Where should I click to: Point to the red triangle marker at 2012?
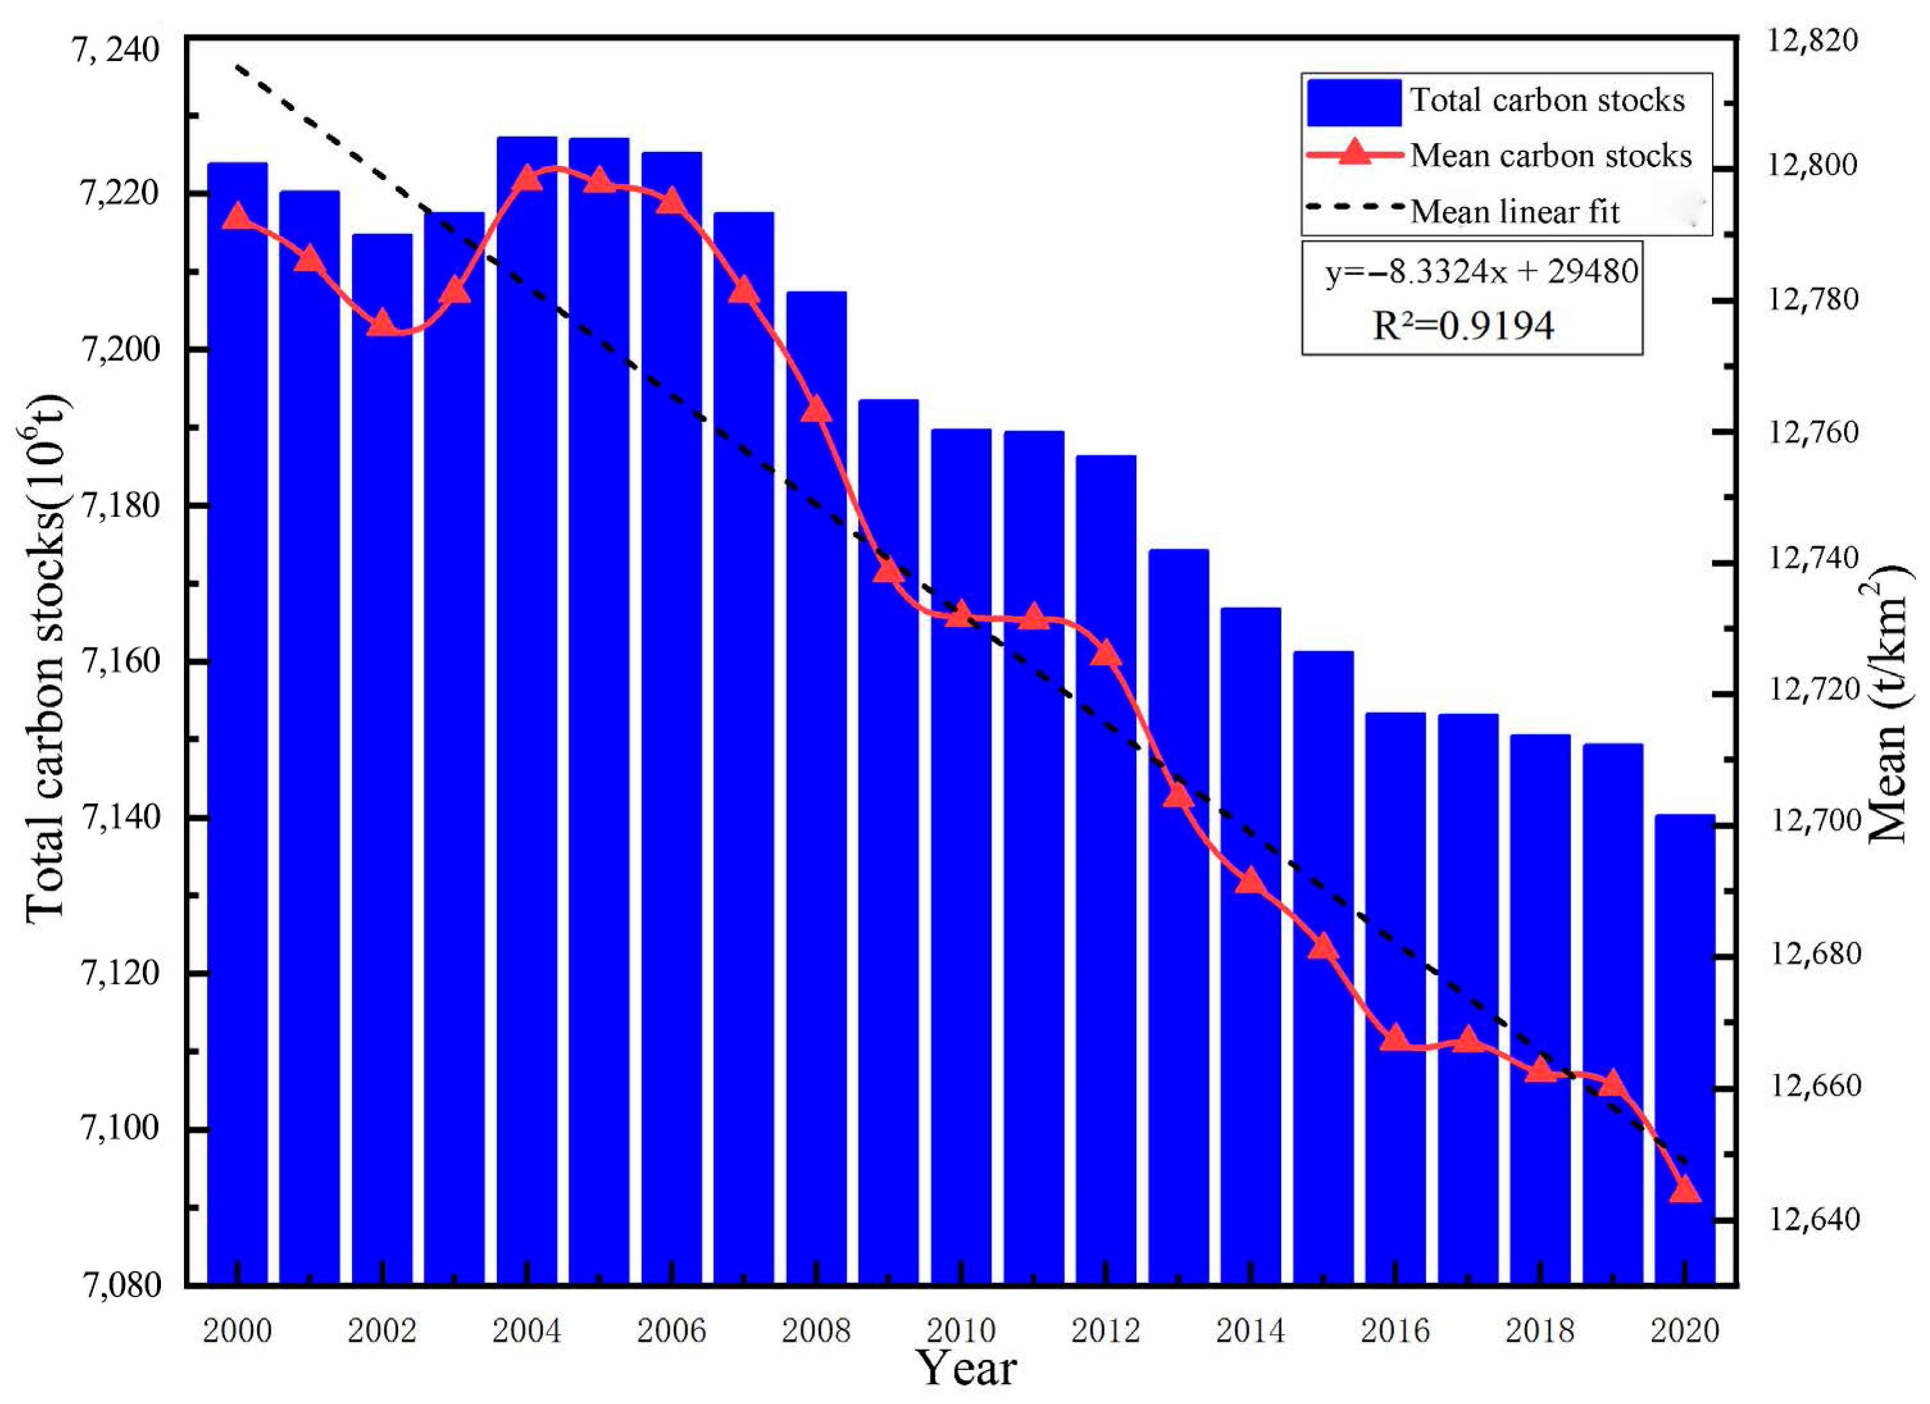point(1105,653)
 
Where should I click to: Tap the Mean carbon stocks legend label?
point(1550,156)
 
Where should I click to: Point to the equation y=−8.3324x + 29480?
point(1481,271)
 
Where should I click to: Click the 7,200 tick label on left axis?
point(119,349)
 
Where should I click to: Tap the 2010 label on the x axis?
point(961,1330)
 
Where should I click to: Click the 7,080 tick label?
point(119,1284)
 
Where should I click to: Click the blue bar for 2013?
point(1178,919)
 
